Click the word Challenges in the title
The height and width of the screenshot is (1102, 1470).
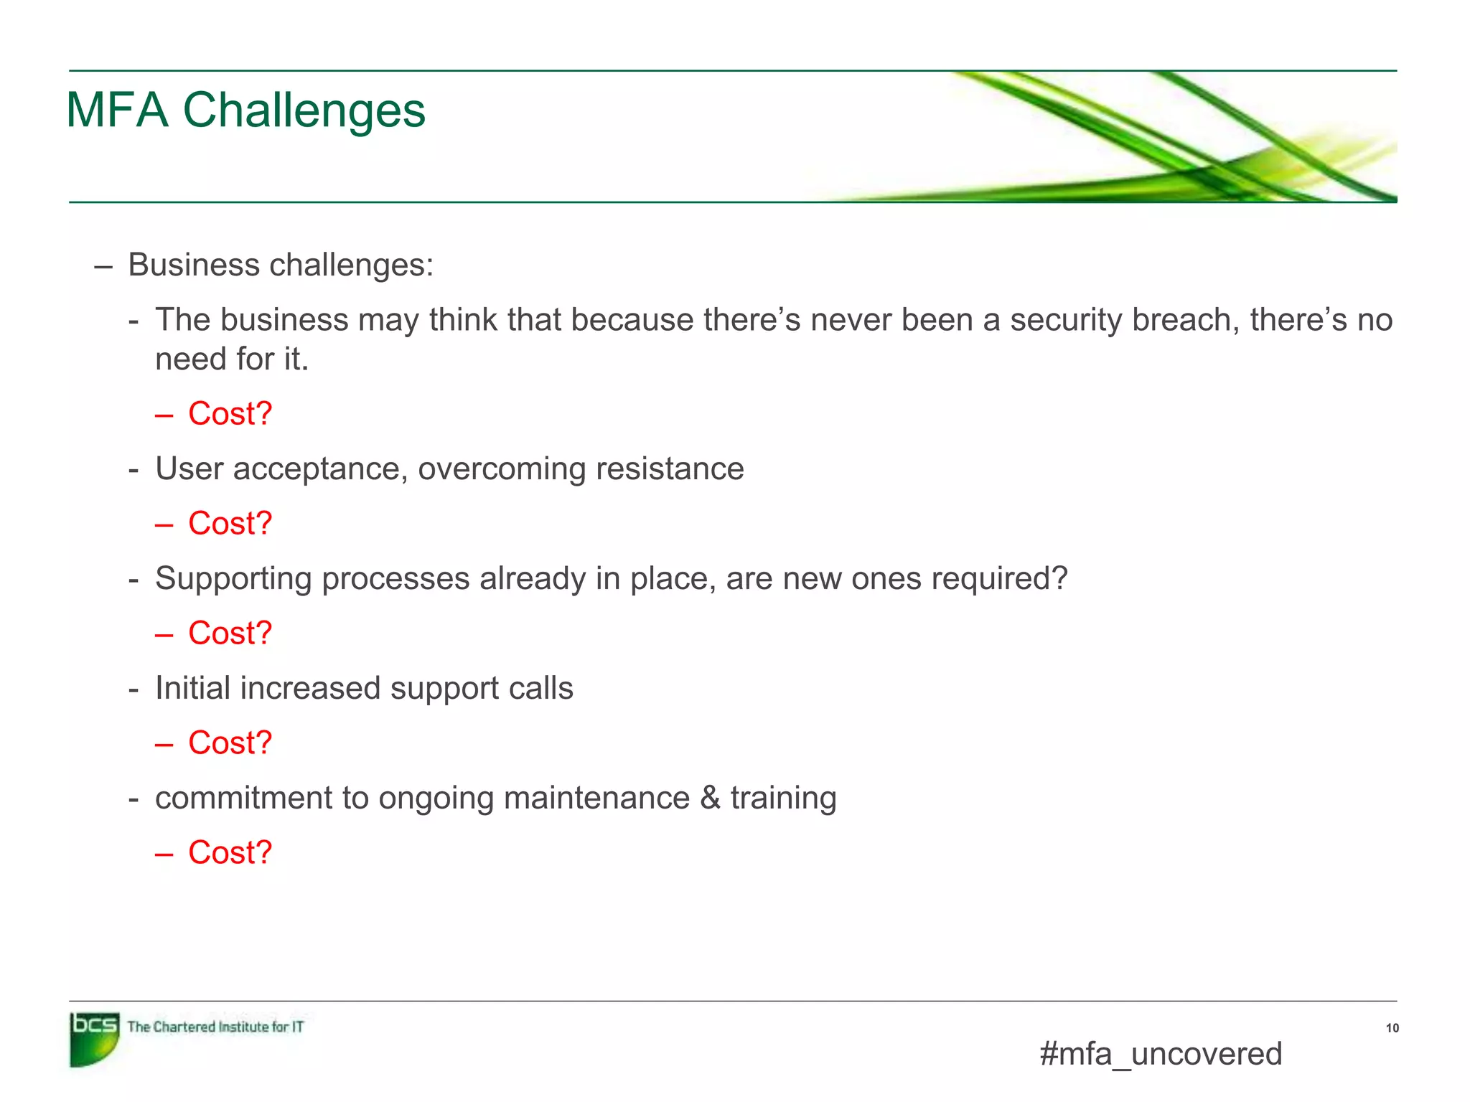pyautogui.click(x=304, y=111)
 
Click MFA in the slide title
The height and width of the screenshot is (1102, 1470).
pyautogui.click(x=117, y=111)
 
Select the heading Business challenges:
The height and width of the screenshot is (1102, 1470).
pyautogui.click(x=281, y=265)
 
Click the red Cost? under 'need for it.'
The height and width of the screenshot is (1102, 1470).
pyautogui.click(x=230, y=414)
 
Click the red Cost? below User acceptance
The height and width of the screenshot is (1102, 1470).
pyautogui.click(x=230, y=524)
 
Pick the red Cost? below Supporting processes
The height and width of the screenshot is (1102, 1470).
pyautogui.click(x=230, y=634)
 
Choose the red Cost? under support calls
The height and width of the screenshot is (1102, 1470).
pyautogui.click(x=230, y=743)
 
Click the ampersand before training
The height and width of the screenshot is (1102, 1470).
pyautogui.click(x=710, y=798)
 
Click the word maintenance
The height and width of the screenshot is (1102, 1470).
pyautogui.click(x=596, y=798)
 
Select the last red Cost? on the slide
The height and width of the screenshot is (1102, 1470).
pyautogui.click(x=230, y=853)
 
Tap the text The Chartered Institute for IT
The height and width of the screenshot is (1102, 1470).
pyautogui.click(x=215, y=1027)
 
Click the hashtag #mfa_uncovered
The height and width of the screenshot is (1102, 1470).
pyautogui.click(x=1160, y=1054)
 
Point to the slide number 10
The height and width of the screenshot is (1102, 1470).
pyautogui.click(x=1392, y=1028)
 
